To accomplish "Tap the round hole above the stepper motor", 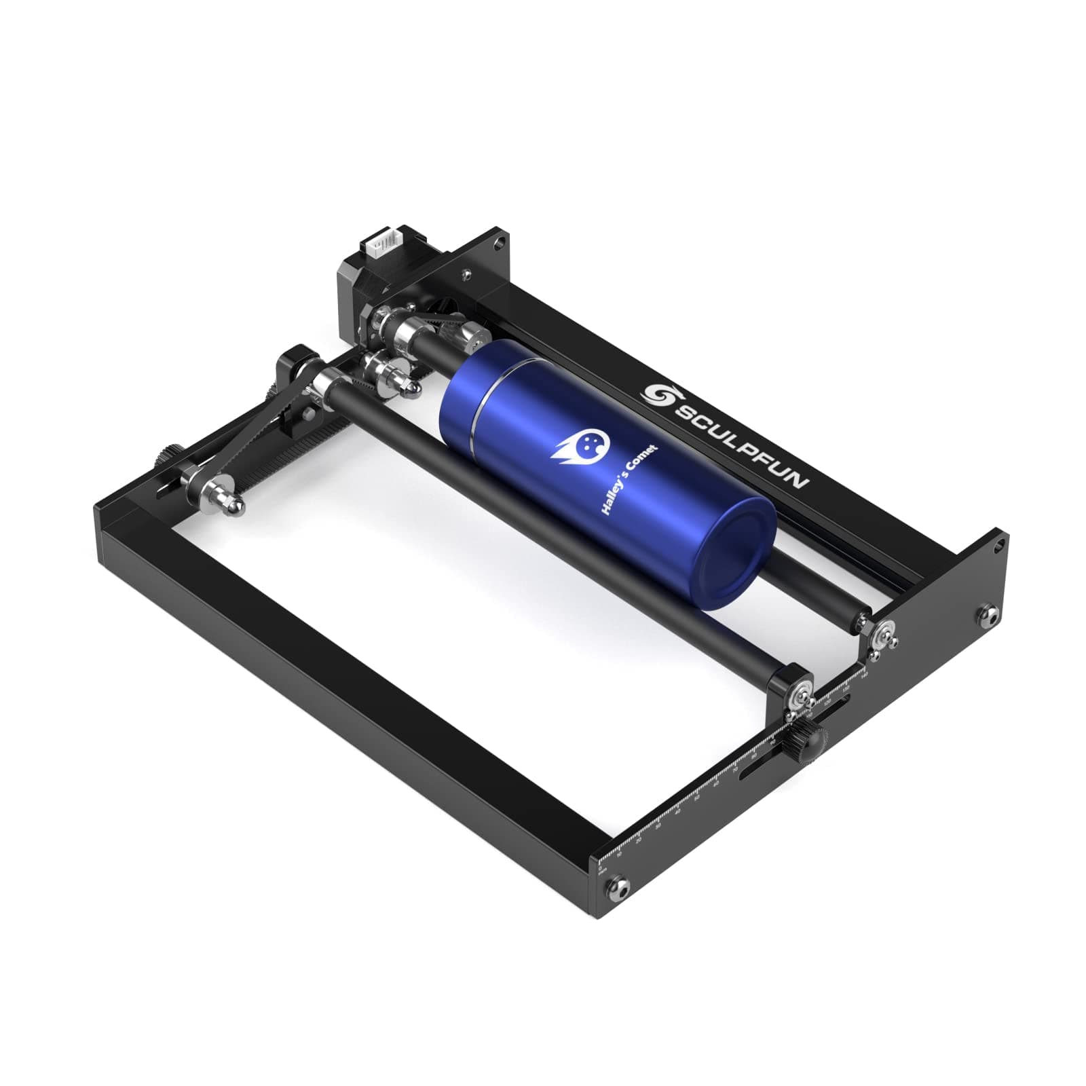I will (x=500, y=241).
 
